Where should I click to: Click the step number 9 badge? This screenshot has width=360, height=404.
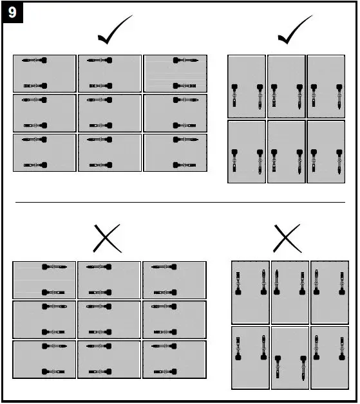tap(13, 13)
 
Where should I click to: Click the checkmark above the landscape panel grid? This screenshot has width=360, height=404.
tap(113, 32)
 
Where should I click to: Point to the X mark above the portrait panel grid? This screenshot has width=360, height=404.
tap(287, 238)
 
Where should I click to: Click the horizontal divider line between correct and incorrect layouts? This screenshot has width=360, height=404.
tap(180, 202)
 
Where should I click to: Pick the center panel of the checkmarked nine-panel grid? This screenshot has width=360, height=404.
tap(109, 113)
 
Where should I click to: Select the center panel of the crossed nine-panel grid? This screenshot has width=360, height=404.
tap(109, 320)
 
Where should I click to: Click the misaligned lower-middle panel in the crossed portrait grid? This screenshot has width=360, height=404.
tap(290, 358)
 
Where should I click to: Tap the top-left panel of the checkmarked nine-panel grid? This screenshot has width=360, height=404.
tap(44, 73)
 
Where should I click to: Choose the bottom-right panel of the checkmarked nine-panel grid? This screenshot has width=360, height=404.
tap(175, 152)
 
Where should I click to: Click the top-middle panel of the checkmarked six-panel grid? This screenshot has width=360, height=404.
tap(286, 86)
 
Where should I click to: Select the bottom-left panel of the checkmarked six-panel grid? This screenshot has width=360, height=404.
tap(247, 152)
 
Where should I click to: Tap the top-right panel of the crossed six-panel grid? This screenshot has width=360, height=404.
tap(330, 291)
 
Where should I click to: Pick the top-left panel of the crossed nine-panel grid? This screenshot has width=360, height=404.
tap(44, 280)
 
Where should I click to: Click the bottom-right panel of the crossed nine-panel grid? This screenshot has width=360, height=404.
tap(174, 359)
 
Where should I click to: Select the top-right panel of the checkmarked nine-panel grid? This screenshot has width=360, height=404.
tap(175, 73)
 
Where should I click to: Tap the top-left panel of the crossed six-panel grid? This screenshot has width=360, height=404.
tap(251, 291)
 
